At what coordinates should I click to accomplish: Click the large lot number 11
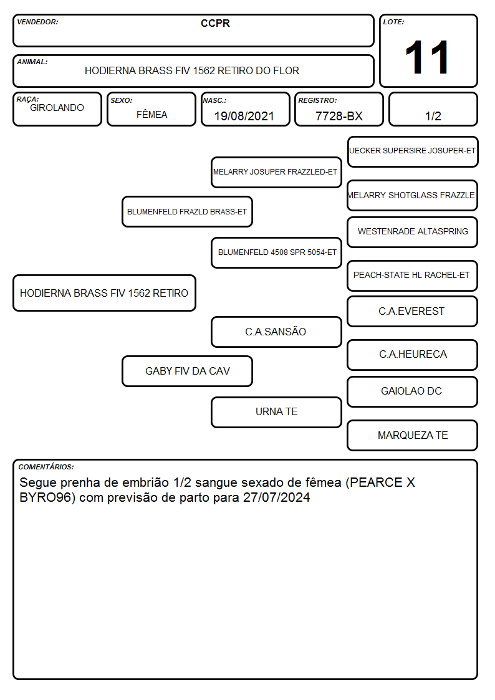(x=426, y=57)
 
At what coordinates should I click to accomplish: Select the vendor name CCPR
(x=215, y=23)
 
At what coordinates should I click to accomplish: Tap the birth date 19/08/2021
(x=244, y=116)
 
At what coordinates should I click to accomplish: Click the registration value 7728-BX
(x=339, y=116)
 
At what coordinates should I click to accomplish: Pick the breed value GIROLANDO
(x=57, y=108)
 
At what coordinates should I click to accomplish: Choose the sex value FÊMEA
(x=151, y=114)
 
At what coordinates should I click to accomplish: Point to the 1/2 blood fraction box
(x=433, y=109)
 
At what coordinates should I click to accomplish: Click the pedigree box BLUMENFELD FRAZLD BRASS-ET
(x=187, y=211)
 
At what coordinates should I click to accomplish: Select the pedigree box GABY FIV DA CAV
(x=187, y=371)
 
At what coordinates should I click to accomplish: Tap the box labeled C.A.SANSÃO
(x=276, y=332)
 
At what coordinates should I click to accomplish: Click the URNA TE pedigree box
(x=276, y=412)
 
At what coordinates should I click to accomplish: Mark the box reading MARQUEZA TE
(x=413, y=435)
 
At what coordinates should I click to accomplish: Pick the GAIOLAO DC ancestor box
(x=413, y=391)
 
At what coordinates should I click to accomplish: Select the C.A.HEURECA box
(x=413, y=355)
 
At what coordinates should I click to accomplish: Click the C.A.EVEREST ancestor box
(x=413, y=311)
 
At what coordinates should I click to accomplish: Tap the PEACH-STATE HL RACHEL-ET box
(x=413, y=276)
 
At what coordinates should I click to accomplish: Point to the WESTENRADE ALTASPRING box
(x=413, y=232)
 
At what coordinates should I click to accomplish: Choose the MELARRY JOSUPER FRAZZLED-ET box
(x=276, y=172)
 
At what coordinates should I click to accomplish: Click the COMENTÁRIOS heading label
(x=46, y=467)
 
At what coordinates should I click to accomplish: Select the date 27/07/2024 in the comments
(x=276, y=497)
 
